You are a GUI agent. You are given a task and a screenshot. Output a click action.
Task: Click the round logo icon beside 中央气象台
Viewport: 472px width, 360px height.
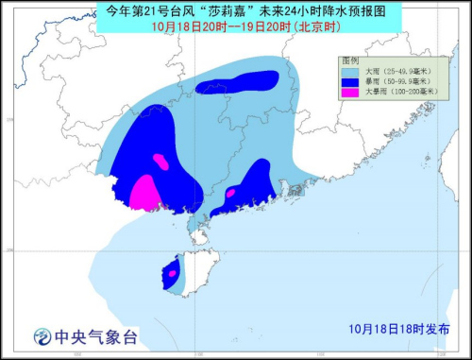coord(41,336)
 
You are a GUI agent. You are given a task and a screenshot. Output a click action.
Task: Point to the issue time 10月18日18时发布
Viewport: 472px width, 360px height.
coord(397,329)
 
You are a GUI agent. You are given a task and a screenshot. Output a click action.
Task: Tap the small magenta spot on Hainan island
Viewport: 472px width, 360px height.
coord(173,274)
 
